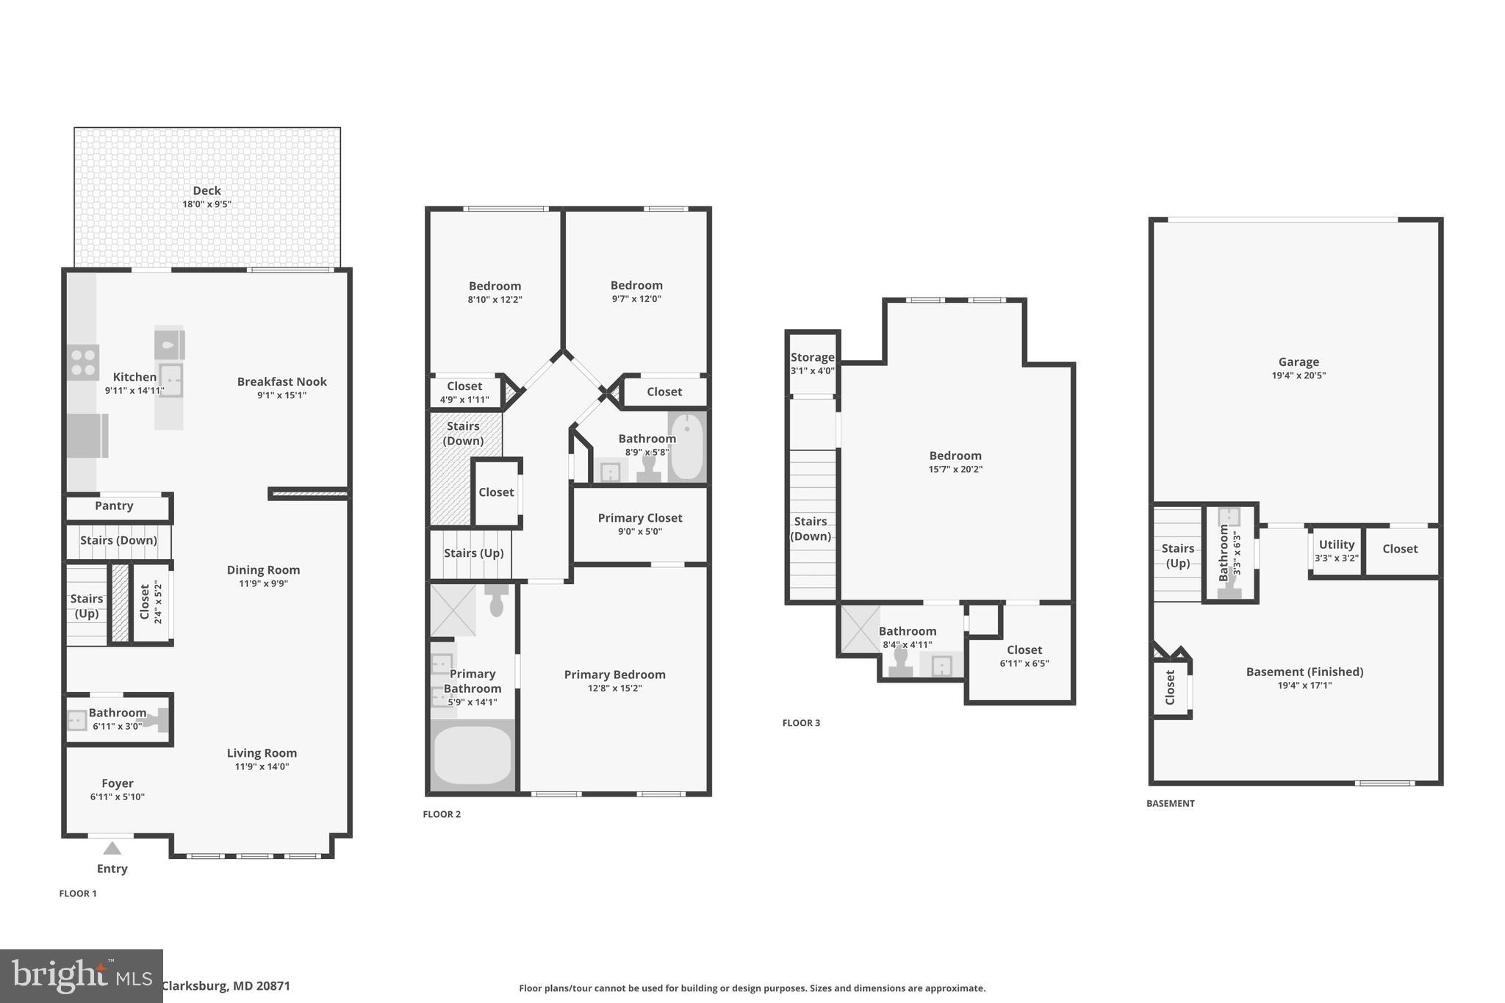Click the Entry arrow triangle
tap(112, 849)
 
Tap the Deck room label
tap(206, 190)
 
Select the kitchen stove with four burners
tap(83, 362)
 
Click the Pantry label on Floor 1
tap(114, 506)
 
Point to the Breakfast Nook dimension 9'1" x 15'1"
tap(281, 395)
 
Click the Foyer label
tap(118, 783)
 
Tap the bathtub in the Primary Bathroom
tap(472, 755)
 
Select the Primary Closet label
tap(640, 518)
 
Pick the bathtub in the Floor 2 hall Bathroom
tap(687, 446)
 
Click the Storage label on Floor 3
tap(812, 357)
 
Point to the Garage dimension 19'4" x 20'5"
tap(1299, 375)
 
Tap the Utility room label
tap(1336, 544)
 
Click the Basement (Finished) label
tap(1304, 672)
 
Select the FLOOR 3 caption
tap(801, 723)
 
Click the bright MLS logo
tap(81, 976)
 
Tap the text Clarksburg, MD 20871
tap(226, 986)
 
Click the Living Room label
tap(262, 753)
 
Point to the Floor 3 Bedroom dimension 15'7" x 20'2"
tap(955, 470)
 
